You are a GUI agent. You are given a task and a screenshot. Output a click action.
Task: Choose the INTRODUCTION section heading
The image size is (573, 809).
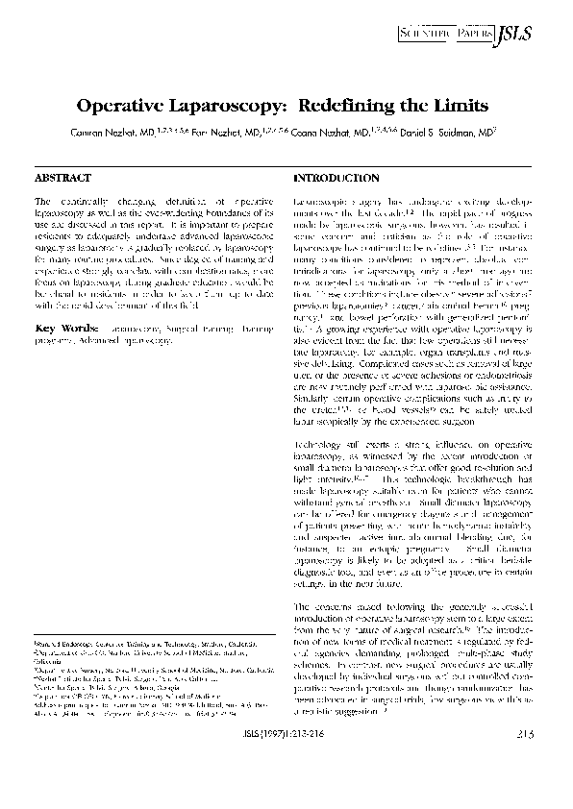[x=336, y=179]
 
